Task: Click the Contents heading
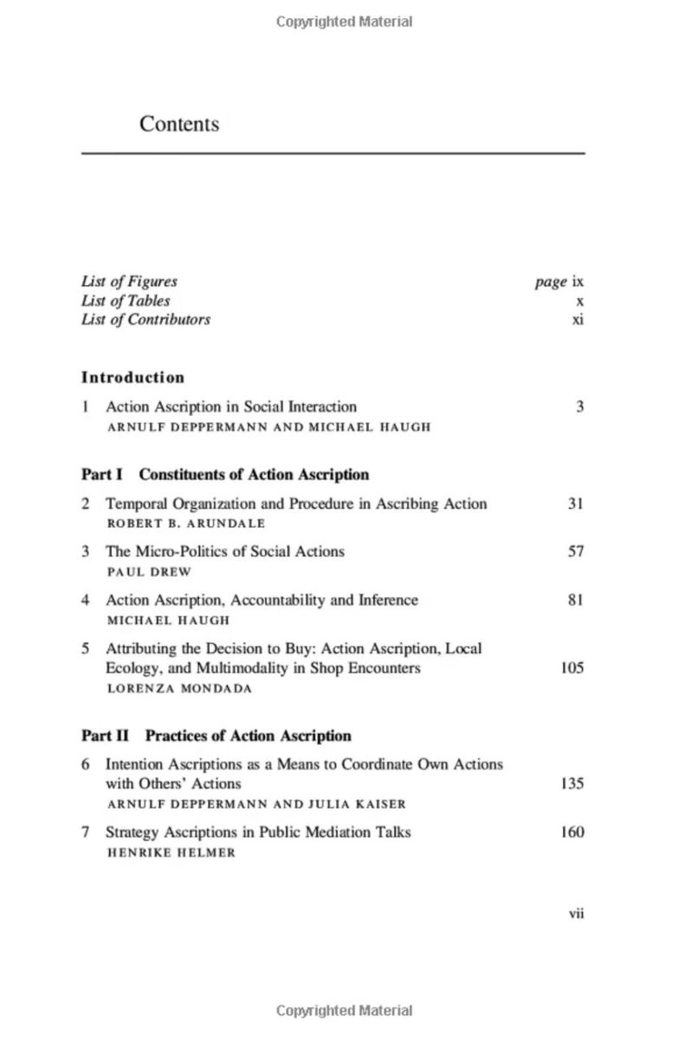179,124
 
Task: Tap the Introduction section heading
133,377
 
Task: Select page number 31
576,504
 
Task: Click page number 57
576,551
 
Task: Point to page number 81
576,600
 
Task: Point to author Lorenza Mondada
179,689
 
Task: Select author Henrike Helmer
171,853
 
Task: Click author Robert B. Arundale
185,523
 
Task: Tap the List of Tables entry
126,301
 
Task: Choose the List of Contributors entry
146,320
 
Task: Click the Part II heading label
105,736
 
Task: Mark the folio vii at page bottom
576,913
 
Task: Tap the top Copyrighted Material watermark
345,22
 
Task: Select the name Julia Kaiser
357,804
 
